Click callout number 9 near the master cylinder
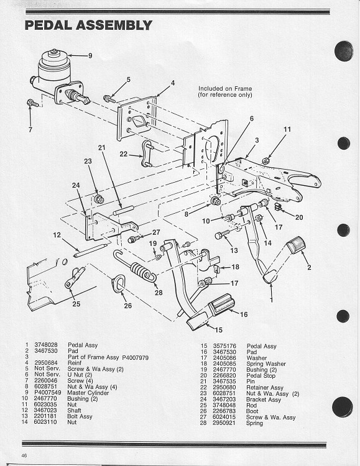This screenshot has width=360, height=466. (90, 56)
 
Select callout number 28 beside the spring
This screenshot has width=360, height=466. (159, 293)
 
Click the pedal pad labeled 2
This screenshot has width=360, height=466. (296, 245)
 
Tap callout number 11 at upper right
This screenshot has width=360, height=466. (287, 129)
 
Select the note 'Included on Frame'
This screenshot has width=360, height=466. (225, 88)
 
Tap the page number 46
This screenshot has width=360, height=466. (24, 456)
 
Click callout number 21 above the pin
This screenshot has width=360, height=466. (102, 147)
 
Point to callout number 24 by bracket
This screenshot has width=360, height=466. (75, 185)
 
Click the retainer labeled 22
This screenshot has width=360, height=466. (148, 154)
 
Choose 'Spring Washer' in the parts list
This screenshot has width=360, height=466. (266, 363)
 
